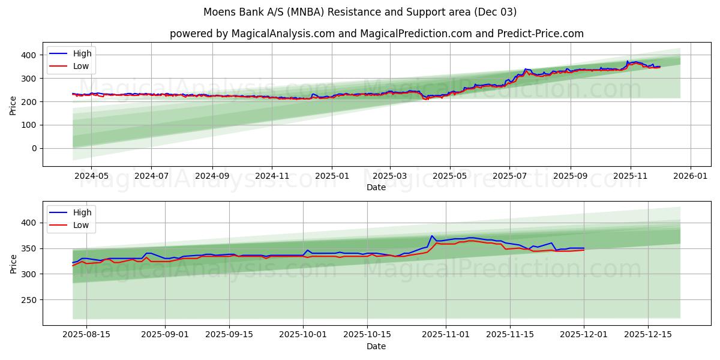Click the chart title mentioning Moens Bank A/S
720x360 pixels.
point(360,12)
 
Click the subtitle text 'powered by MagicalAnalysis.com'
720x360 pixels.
point(252,34)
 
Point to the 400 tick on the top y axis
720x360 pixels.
point(28,55)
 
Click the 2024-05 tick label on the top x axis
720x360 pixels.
point(91,176)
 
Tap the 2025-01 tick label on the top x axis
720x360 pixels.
point(332,176)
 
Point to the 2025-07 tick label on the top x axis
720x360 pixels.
point(509,176)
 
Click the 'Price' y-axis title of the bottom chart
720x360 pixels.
point(13,263)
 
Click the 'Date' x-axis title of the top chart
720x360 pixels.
point(376,187)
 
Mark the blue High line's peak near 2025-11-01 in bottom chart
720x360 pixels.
point(431,236)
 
